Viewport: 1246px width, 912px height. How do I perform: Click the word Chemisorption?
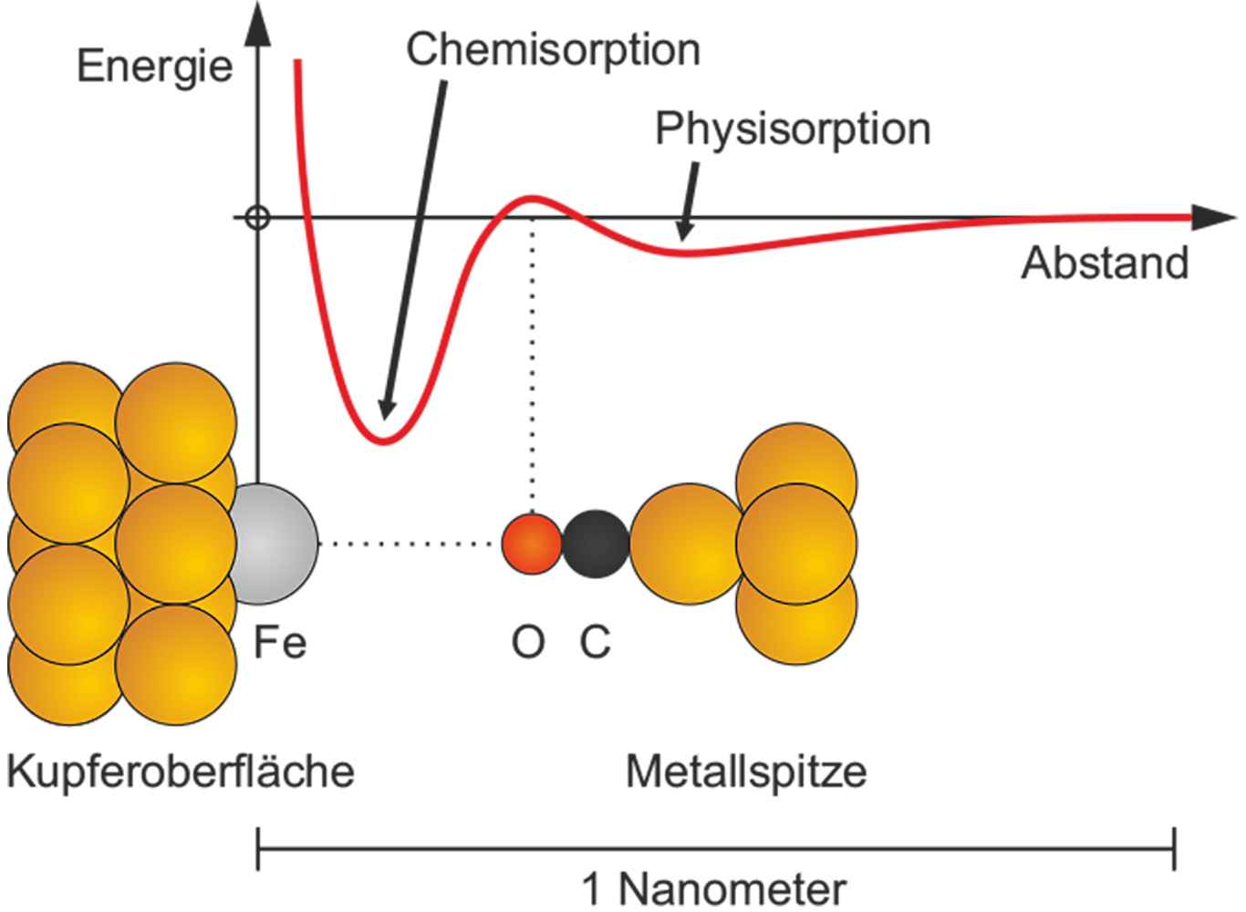pyautogui.click(x=553, y=50)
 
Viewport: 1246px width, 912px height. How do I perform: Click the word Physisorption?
pyautogui.click(x=792, y=129)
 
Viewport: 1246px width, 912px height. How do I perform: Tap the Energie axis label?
pyautogui.click(x=154, y=67)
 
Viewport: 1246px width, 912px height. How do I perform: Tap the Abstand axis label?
pyautogui.click(x=1104, y=263)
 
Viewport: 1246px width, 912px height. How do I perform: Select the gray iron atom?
pyautogui.click(x=272, y=544)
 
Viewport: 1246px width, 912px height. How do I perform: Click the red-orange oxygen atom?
pyautogui.click(x=532, y=544)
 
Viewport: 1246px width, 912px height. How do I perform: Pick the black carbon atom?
pyautogui.click(x=595, y=544)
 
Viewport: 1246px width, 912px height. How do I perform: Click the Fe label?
pyautogui.click(x=279, y=644)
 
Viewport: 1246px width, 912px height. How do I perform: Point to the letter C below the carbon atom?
pyautogui.click(x=595, y=644)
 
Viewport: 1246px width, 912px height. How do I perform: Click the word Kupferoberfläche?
pyautogui.click(x=180, y=772)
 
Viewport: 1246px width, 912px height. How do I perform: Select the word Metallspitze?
pyautogui.click(x=746, y=772)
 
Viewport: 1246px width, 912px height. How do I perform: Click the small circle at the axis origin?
pyautogui.click(x=258, y=218)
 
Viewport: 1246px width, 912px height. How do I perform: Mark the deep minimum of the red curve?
pyautogui.click(x=384, y=440)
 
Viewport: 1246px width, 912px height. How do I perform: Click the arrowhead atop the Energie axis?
pyautogui.click(x=259, y=27)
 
